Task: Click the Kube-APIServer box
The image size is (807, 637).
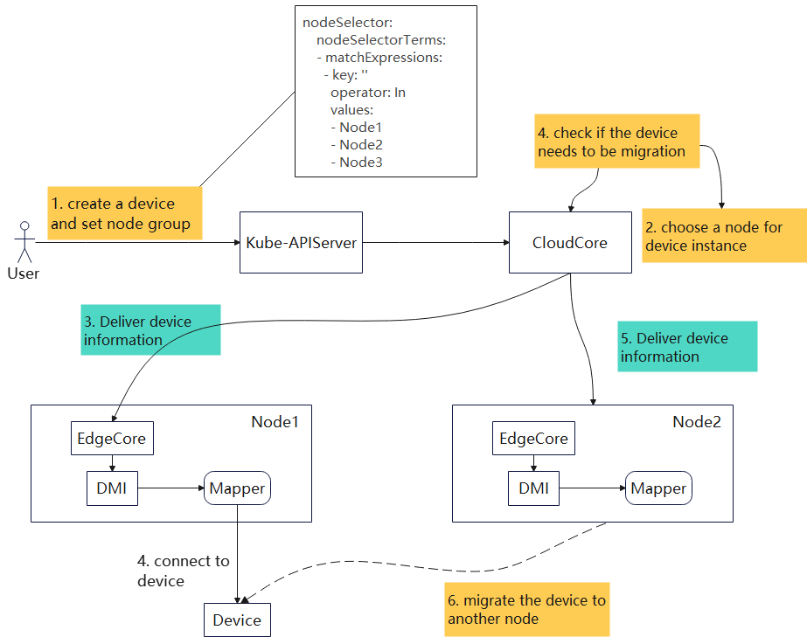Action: tap(301, 242)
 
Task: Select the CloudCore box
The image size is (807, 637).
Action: tap(570, 242)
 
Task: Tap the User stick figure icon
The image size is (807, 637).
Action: tap(23, 244)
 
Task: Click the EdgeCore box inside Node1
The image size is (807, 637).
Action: tap(112, 438)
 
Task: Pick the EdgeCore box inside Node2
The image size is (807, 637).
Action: tap(533, 438)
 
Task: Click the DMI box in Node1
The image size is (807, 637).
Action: tap(112, 488)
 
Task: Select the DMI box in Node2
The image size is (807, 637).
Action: tap(533, 488)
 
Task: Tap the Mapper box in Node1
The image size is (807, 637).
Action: tap(237, 488)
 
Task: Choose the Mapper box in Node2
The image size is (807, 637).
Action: tap(658, 488)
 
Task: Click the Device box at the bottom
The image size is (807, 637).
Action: tap(237, 620)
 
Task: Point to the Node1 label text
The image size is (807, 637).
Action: tap(275, 422)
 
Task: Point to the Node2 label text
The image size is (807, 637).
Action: tap(697, 422)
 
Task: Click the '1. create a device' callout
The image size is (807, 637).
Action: tap(124, 213)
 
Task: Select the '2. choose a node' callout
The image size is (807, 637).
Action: tap(724, 236)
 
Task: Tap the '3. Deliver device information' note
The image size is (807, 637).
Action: tap(150, 330)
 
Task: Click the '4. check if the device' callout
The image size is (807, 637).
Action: tap(617, 142)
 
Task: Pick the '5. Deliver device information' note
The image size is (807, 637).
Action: tap(687, 347)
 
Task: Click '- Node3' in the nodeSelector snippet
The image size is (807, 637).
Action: tap(357, 162)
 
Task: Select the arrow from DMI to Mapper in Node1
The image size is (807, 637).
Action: tap(171, 488)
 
